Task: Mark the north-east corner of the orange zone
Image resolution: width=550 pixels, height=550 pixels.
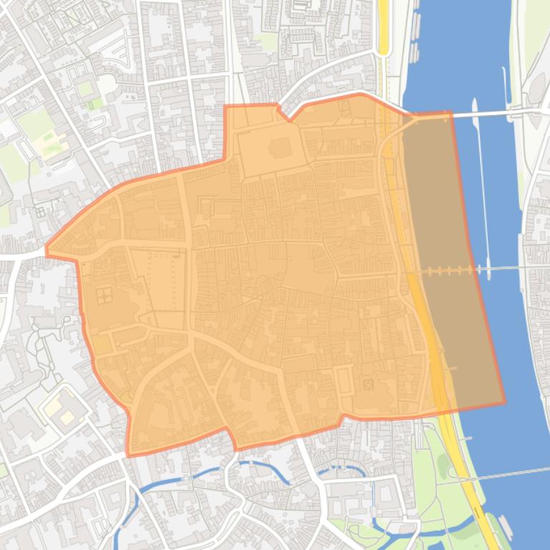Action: (x=449, y=113)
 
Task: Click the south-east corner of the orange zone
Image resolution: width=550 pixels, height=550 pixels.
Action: (x=504, y=402)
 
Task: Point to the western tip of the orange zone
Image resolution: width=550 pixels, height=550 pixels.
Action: (x=47, y=251)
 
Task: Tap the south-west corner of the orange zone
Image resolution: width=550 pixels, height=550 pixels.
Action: (x=128, y=454)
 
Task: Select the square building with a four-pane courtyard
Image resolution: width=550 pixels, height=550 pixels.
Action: (x=104, y=294)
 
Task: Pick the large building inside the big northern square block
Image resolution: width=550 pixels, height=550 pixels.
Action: (x=278, y=149)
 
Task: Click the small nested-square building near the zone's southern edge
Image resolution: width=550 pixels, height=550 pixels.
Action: (x=369, y=385)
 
